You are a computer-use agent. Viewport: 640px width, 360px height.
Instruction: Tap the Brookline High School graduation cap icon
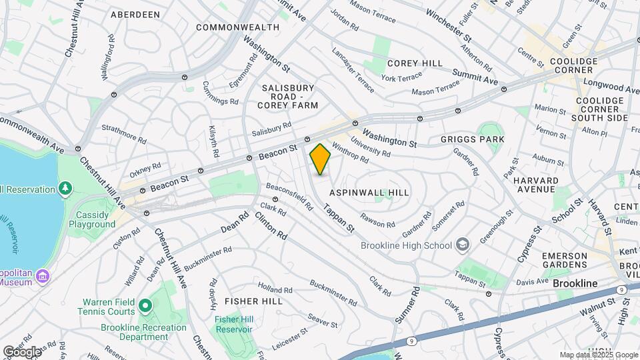tap(463, 245)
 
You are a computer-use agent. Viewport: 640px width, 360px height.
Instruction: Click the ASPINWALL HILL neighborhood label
tap(369, 192)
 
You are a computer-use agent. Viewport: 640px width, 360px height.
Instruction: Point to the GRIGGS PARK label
tap(473, 139)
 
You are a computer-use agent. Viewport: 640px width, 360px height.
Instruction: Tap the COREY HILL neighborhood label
tap(415, 63)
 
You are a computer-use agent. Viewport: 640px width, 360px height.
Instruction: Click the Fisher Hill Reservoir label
tap(233, 325)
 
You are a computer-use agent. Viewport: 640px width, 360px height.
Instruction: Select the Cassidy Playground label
tap(92, 219)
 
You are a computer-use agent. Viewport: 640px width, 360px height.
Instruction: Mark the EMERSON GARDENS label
tap(564, 261)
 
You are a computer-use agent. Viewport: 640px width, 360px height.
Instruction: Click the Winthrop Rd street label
tap(350, 154)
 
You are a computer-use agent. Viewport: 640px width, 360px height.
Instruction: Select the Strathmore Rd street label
tap(123, 133)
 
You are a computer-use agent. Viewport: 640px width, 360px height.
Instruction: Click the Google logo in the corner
tap(22, 351)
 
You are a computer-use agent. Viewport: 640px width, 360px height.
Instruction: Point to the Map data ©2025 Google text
tap(599, 355)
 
